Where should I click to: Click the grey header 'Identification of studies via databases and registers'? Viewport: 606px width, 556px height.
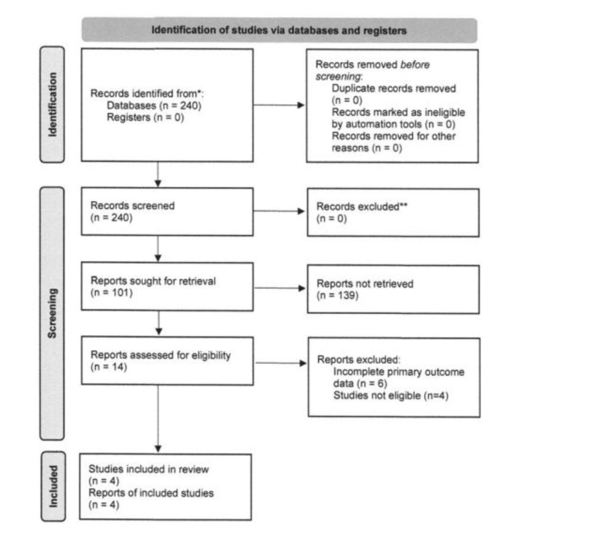click(x=279, y=30)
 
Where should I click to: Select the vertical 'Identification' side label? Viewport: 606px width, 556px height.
click(x=53, y=105)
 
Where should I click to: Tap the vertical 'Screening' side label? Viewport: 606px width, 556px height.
click(x=52, y=313)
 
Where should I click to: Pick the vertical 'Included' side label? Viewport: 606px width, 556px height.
click(x=53, y=486)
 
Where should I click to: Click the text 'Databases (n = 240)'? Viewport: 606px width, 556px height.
click(x=154, y=105)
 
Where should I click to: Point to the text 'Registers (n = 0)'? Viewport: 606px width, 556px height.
click(x=146, y=118)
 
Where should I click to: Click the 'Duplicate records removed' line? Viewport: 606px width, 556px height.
click(x=394, y=89)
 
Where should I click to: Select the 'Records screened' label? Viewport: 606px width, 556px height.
click(x=133, y=206)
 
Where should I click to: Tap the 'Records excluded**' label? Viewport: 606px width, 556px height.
click(x=362, y=206)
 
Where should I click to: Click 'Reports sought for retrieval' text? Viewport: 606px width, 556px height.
click(x=153, y=281)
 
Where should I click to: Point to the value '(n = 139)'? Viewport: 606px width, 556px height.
click(x=337, y=296)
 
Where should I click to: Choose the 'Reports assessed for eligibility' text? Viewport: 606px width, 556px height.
click(x=160, y=355)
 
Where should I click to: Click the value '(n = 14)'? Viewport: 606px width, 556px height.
click(x=109, y=367)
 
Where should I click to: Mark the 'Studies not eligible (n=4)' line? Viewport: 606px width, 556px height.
click(x=391, y=396)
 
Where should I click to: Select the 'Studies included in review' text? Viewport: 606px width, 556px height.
click(x=149, y=469)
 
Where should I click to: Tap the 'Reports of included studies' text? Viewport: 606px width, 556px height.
click(x=151, y=493)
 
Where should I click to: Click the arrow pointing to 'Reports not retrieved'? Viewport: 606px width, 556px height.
click(x=280, y=288)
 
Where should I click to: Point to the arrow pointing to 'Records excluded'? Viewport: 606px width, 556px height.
click(x=279, y=211)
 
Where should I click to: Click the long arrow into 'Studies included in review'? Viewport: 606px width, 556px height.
click(x=158, y=419)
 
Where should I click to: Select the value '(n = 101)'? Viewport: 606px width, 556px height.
click(x=111, y=292)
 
